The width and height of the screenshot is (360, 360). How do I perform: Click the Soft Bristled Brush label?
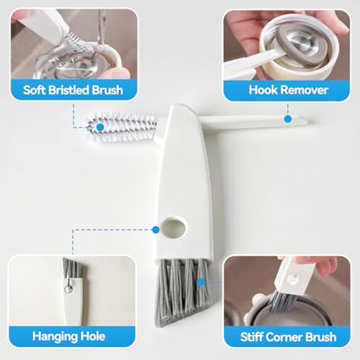74,90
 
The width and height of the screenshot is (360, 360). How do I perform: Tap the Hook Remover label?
288,90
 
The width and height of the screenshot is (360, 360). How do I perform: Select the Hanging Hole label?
68,337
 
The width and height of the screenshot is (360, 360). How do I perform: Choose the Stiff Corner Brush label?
288,337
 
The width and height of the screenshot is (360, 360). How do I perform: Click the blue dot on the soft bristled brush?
100,127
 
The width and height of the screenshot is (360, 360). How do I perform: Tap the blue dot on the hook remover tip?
287,119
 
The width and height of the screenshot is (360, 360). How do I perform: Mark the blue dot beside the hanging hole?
156,229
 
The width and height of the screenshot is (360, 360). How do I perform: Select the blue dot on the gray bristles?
201,282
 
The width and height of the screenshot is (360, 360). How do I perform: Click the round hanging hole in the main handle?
173,228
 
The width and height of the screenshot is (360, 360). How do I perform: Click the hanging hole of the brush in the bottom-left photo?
68,289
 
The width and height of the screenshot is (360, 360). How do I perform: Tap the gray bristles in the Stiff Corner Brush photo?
284,301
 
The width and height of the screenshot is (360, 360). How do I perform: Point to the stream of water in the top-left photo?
101,28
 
